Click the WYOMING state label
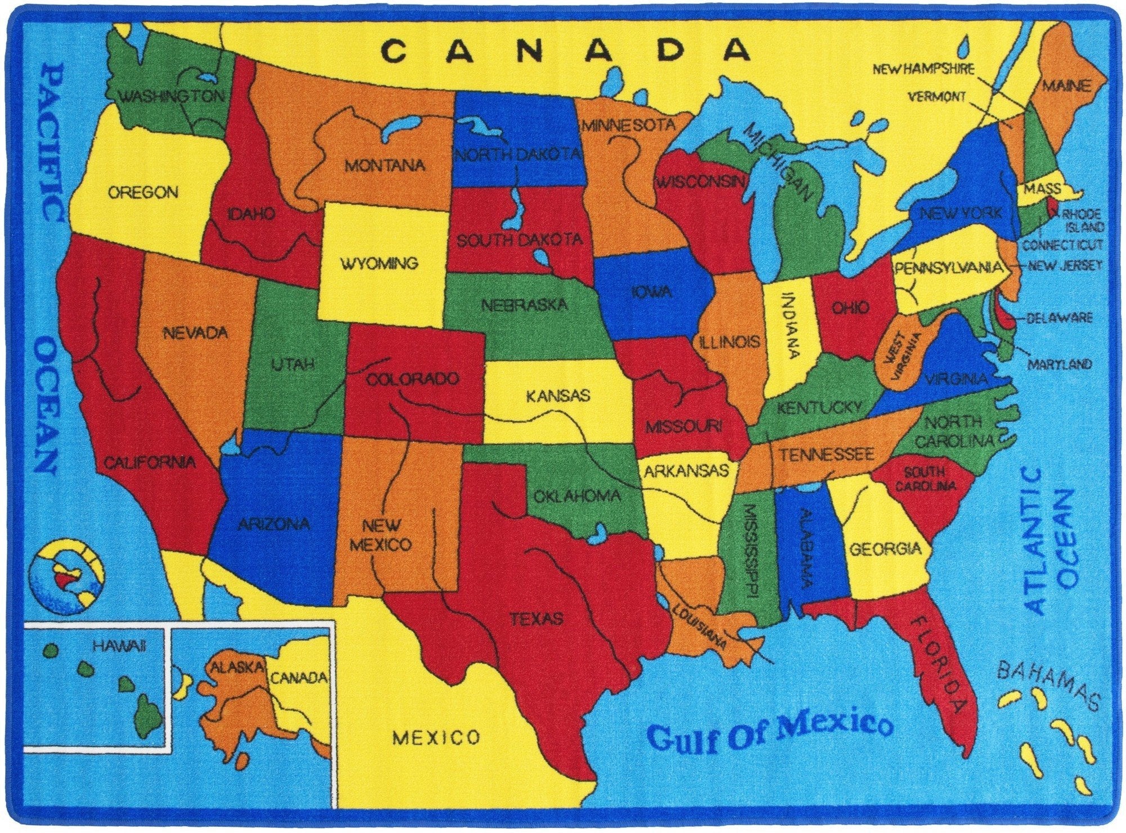coord(379,263)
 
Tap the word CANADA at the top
coord(566,50)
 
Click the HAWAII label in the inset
coord(119,645)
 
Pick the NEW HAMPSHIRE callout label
coord(923,69)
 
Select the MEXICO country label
coord(436,737)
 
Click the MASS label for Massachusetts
coord(1042,189)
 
